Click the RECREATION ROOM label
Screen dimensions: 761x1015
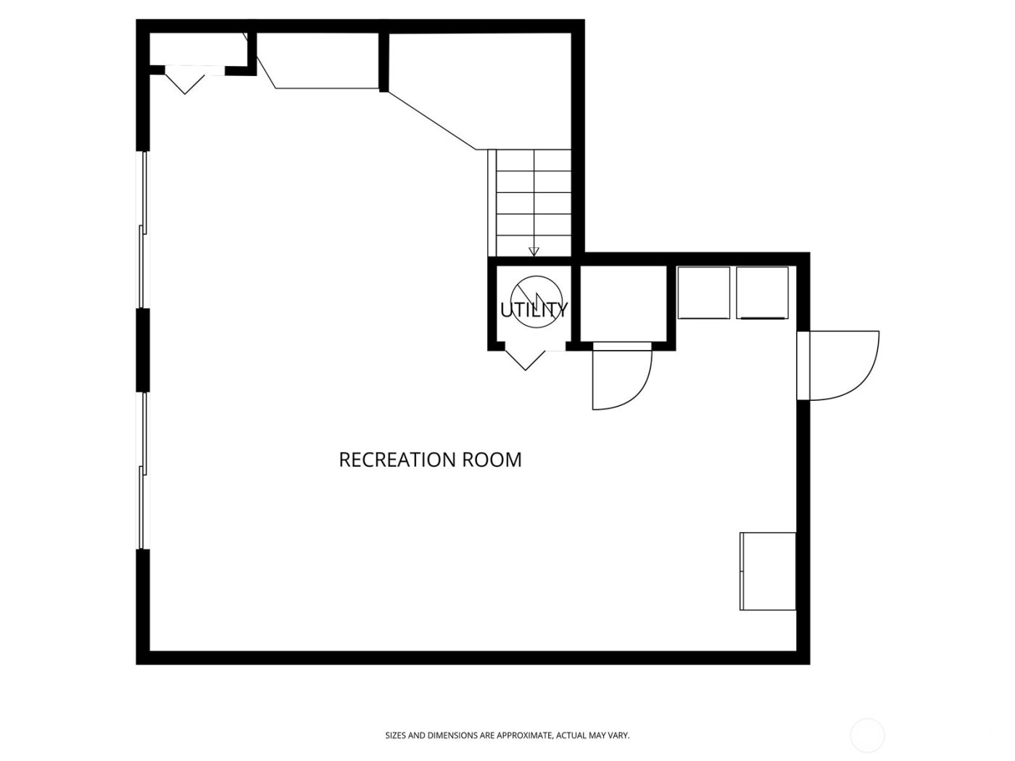(430, 459)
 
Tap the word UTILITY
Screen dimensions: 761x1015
(534, 310)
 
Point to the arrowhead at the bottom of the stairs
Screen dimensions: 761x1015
(534, 251)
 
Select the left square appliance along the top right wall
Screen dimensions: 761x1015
(703, 293)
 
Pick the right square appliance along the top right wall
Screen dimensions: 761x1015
(762, 293)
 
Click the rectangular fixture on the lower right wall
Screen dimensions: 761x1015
(768, 571)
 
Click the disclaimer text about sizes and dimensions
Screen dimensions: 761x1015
(507, 736)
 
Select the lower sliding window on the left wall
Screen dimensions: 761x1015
(144, 470)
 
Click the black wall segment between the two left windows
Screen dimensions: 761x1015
(143, 350)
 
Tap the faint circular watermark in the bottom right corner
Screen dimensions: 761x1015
(868, 735)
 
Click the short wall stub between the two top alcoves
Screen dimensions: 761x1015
(384, 62)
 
